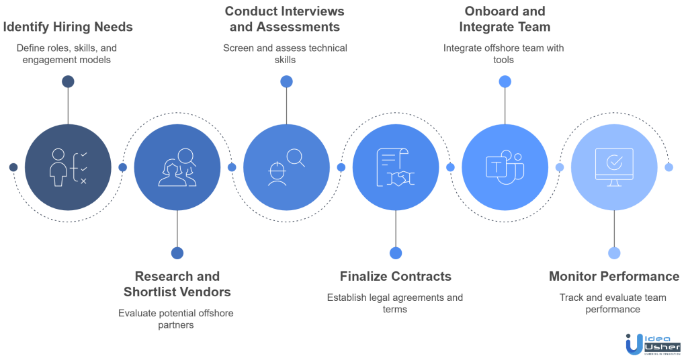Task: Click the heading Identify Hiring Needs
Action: [68, 28]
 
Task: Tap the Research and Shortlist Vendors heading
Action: [177, 284]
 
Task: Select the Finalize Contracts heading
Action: [395, 276]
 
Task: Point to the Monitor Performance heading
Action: [613, 276]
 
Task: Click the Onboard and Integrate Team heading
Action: [505, 19]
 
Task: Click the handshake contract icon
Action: [395, 167]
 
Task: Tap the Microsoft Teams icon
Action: [505, 167]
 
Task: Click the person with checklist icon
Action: [68, 167]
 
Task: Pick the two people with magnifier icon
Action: [177, 167]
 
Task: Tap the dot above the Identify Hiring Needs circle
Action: [68, 82]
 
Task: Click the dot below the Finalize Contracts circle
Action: [395, 253]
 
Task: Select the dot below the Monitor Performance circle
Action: [613, 253]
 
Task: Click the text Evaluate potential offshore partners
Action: [177, 318]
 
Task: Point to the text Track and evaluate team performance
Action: [613, 303]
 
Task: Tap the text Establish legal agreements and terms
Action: [395, 303]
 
